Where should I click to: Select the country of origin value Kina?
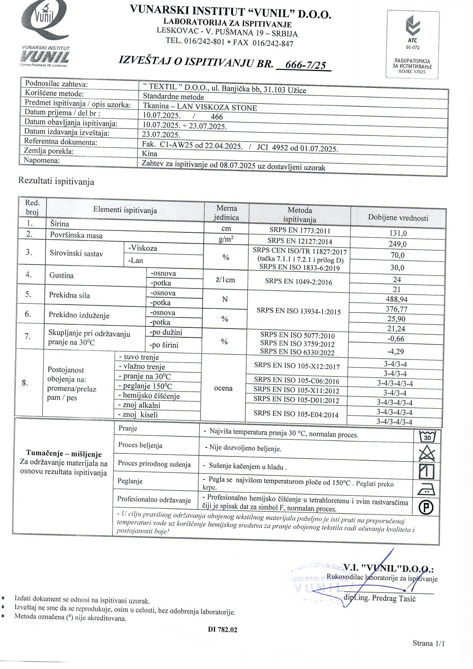tap(150, 154)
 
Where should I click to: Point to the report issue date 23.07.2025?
tap(161, 135)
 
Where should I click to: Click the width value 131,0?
tap(397, 233)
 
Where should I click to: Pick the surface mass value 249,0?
tap(397, 244)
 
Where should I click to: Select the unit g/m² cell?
tap(226, 239)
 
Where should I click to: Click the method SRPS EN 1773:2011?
tap(300, 231)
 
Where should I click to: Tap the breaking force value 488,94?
tap(397, 299)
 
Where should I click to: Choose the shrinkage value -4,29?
tap(396, 351)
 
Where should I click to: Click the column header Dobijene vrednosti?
tap(398, 218)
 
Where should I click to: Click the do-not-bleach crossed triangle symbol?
tap(427, 454)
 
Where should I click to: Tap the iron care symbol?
tap(426, 489)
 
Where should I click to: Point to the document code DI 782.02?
tap(223, 630)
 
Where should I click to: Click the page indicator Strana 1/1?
tap(428, 643)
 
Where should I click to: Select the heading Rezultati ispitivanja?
tap(56, 181)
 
